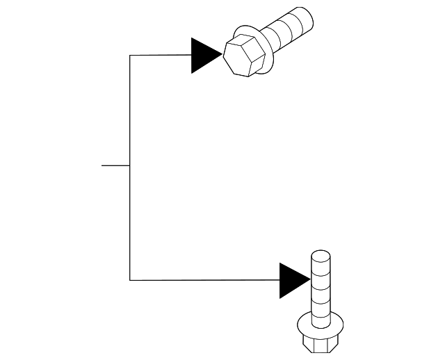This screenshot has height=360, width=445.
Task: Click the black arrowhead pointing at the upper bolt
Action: [x=204, y=55]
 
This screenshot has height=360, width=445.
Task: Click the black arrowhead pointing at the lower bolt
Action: [x=292, y=280]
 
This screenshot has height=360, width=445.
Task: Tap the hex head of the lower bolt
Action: [x=320, y=344]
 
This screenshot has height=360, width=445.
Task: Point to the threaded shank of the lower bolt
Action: [x=320, y=288]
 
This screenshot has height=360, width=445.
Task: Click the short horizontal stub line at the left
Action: [x=115, y=165]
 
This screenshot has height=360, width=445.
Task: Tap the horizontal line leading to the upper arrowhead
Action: [x=160, y=55]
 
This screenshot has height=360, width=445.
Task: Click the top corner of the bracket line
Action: [x=130, y=55]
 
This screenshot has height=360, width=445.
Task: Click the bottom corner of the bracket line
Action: [x=130, y=280]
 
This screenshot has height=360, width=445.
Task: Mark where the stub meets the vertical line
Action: [x=130, y=165]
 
